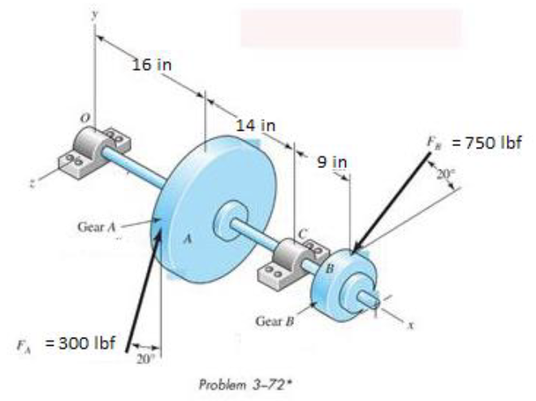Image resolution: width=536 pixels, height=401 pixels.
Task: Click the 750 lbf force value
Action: coord(487,142)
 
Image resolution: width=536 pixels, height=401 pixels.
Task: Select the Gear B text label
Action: coord(272,321)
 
